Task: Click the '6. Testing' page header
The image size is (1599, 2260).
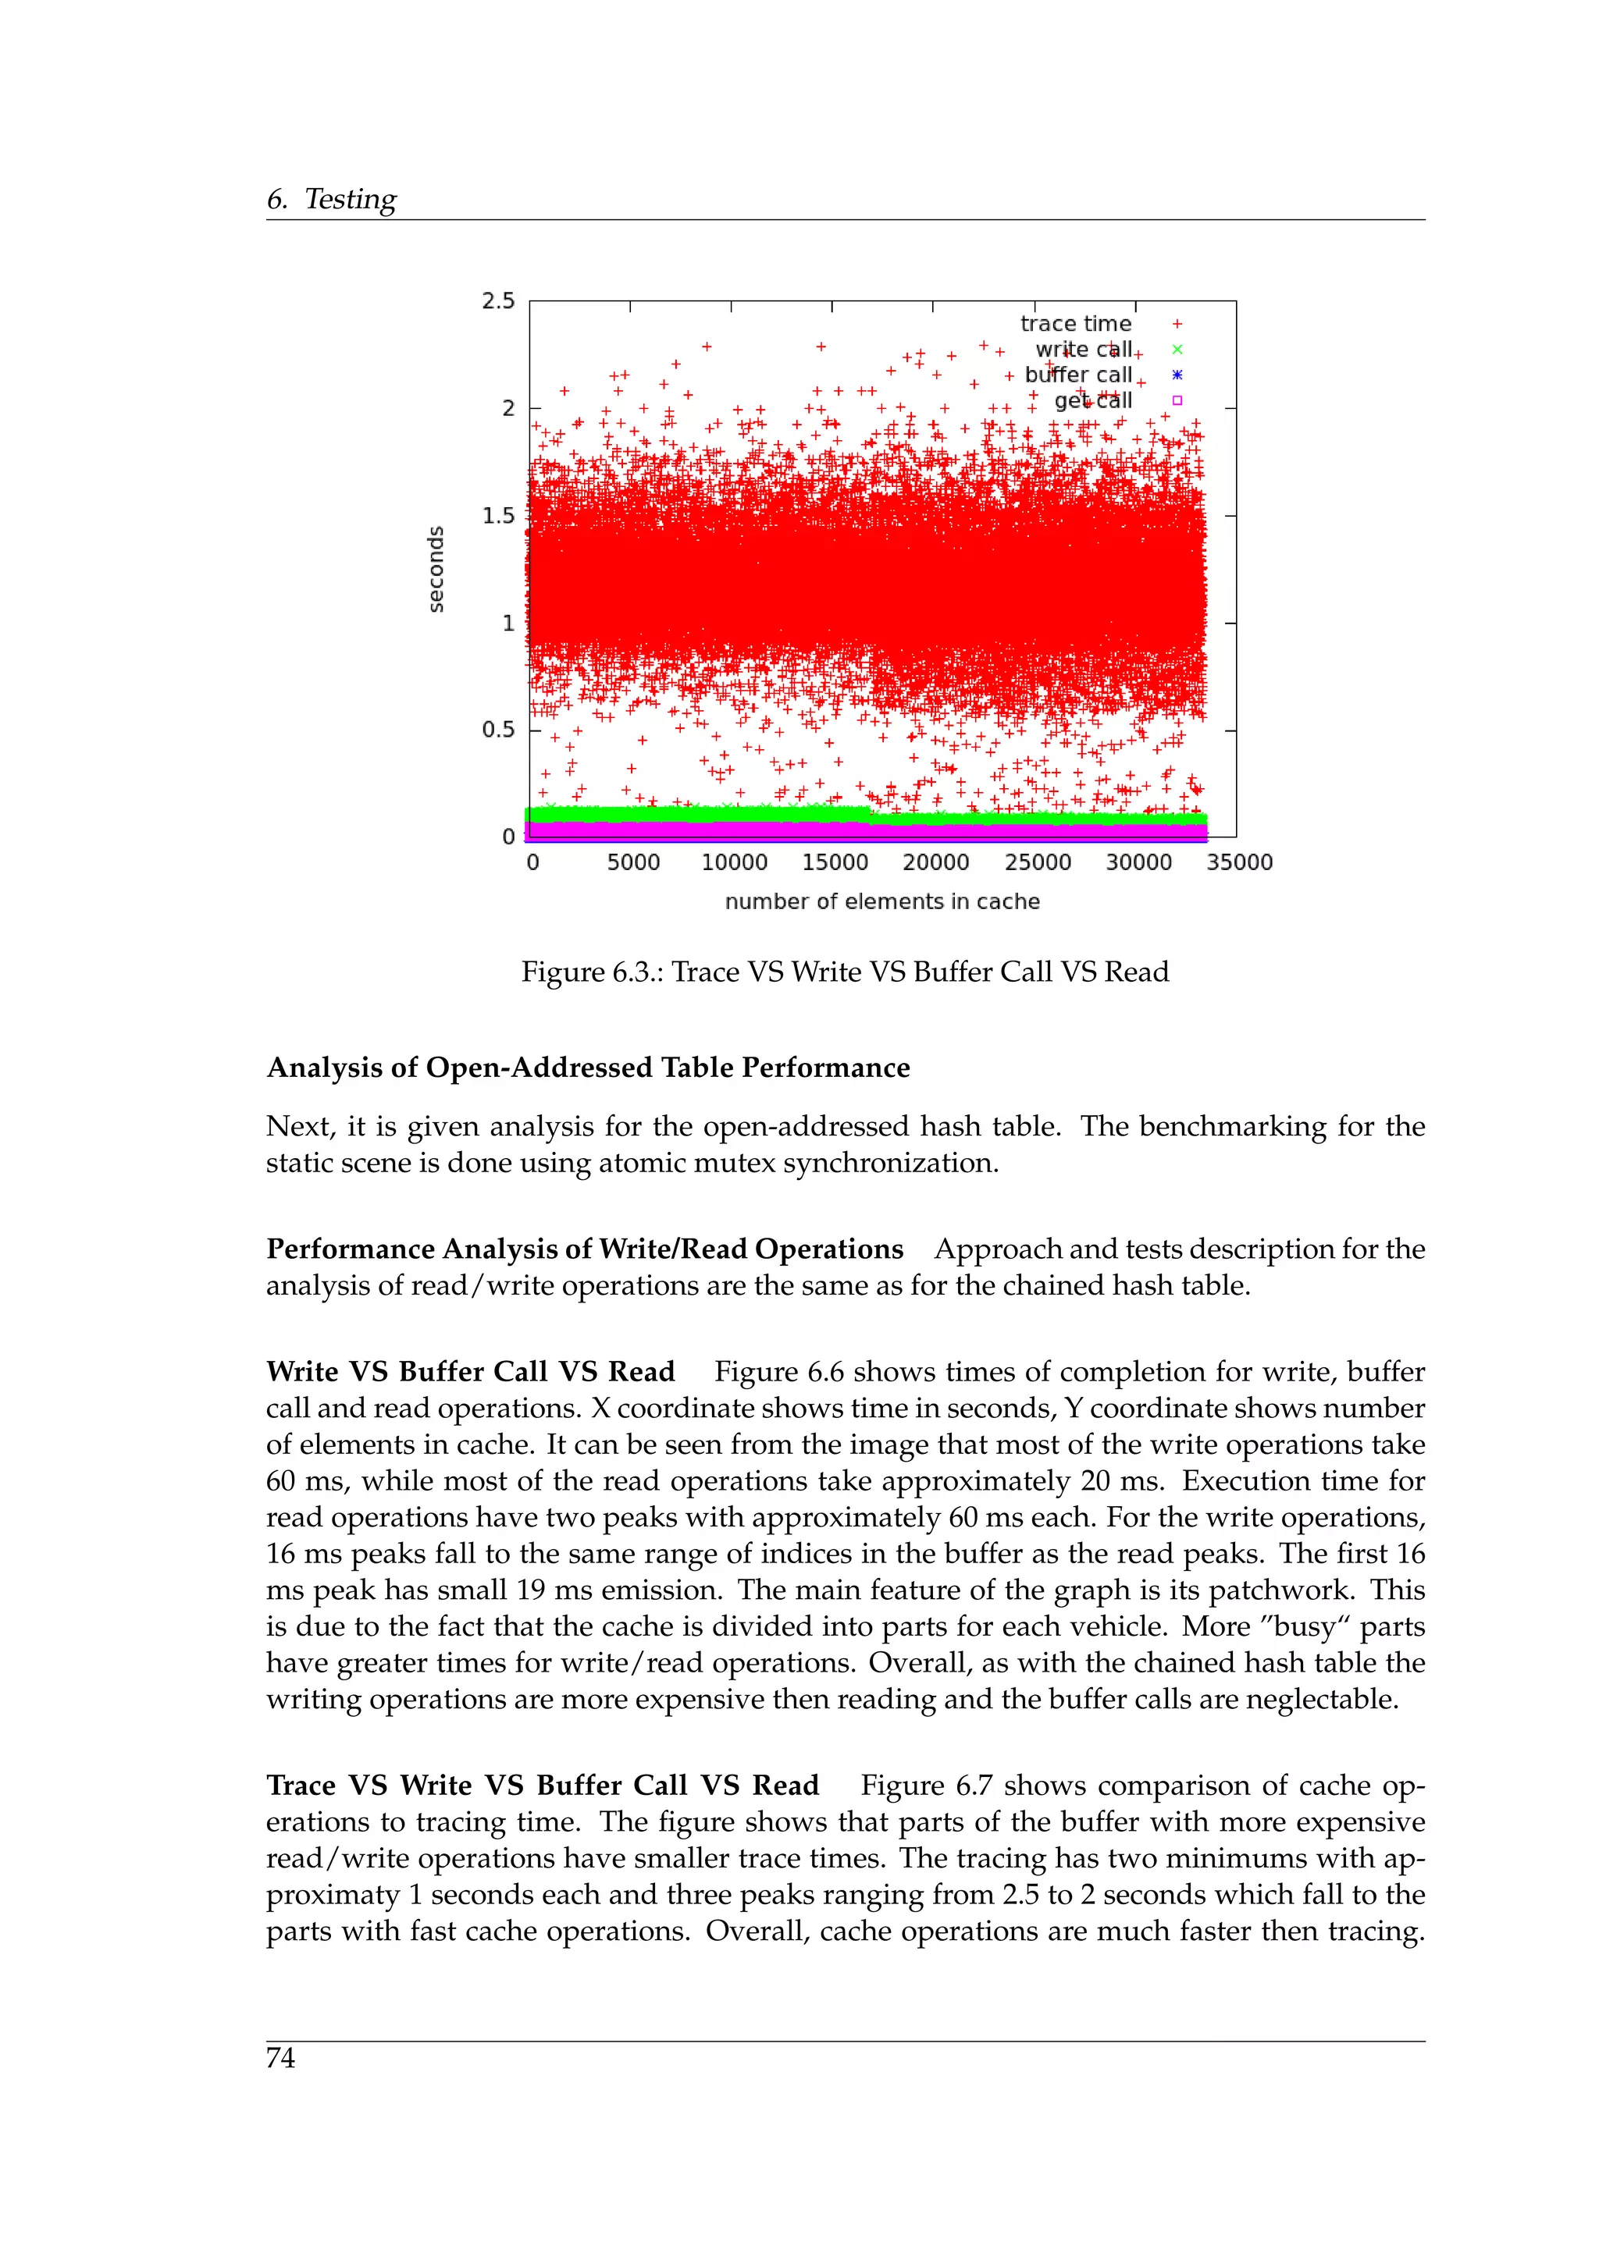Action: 331,199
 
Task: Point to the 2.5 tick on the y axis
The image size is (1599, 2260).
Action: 498,301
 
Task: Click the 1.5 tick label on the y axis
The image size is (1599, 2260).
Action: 498,516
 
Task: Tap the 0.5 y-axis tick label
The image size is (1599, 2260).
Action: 498,730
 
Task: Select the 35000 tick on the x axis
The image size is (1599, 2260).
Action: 1240,862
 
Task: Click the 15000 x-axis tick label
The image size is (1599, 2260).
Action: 835,862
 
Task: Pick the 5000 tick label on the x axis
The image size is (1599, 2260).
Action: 633,862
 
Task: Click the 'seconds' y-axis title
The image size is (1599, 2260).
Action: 435,569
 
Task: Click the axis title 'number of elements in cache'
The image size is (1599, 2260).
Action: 882,901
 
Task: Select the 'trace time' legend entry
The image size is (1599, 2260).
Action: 1075,324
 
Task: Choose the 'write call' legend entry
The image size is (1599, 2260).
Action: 1083,350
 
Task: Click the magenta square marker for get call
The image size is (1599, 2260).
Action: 1177,400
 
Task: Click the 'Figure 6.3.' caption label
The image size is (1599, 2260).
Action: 592,972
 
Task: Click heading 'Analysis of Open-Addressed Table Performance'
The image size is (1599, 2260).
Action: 588,1068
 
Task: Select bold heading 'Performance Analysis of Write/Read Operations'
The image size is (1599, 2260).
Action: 585,1249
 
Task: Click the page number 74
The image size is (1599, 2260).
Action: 280,2058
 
